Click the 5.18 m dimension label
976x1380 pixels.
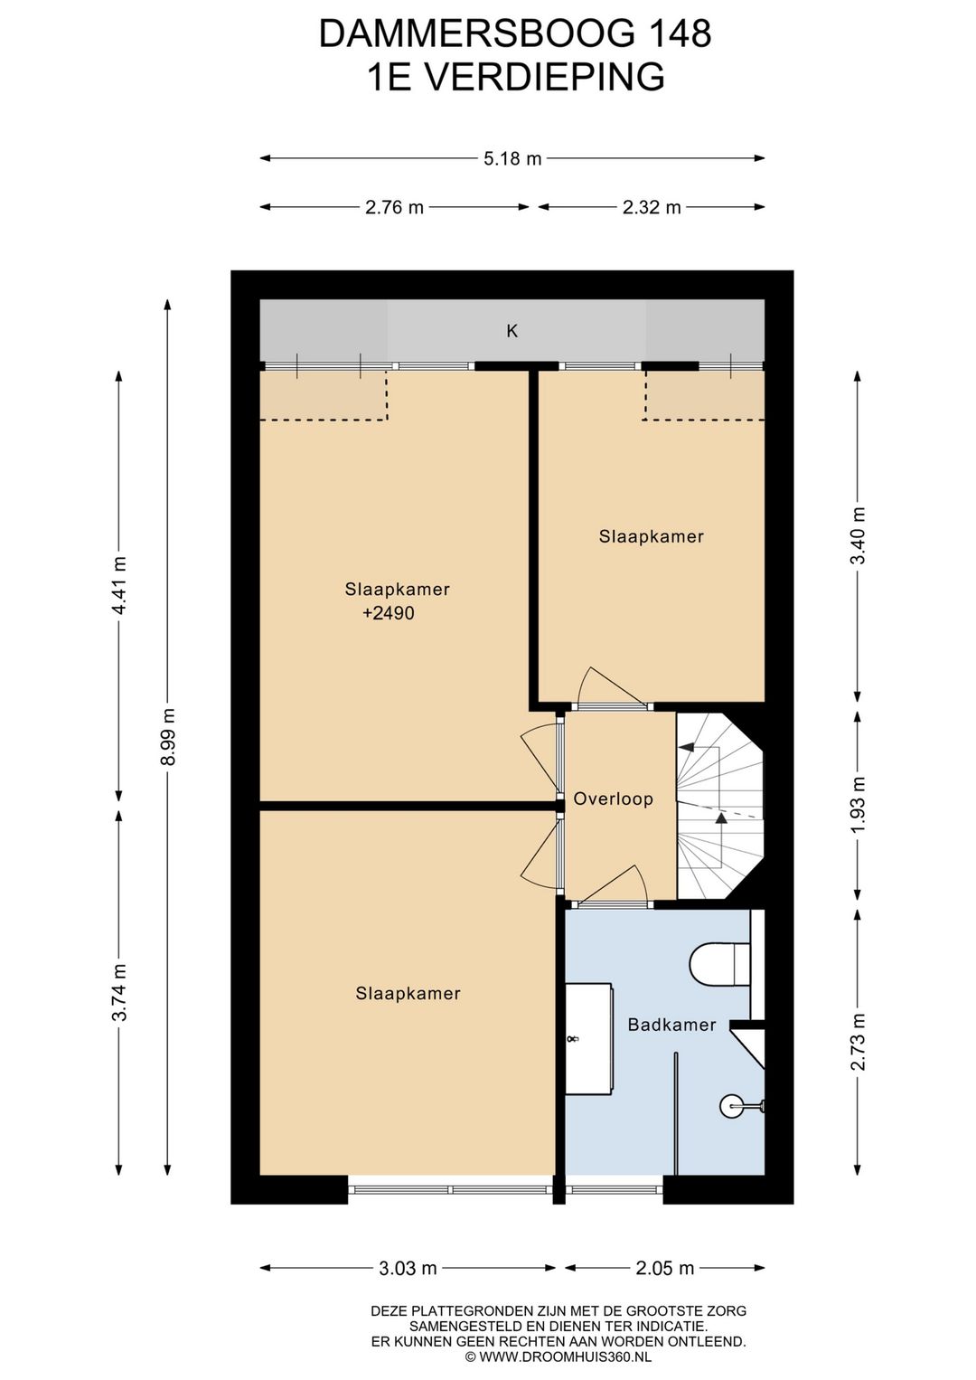512,158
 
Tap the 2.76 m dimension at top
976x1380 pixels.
394,207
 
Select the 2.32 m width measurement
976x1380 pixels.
652,207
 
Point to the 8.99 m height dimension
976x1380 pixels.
168,736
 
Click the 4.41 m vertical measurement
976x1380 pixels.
119,585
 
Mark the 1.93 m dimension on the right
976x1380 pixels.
859,803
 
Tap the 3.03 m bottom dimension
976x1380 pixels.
407,1268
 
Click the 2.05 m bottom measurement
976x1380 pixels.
664,1268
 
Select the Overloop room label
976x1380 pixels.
613,799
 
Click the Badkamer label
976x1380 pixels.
671,1025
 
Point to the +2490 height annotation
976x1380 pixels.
389,613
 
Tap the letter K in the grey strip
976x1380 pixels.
511,332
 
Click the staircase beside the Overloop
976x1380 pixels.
720,806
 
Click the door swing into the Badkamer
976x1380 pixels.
614,884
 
